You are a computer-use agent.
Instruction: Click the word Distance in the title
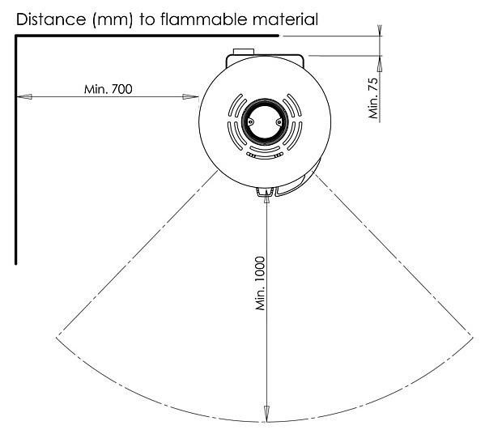click(51, 19)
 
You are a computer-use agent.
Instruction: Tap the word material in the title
click(286, 19)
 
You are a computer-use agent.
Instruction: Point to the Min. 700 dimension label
click(108, 89)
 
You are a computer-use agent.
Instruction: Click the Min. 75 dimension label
click(373, 98)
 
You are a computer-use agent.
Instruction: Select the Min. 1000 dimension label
click(260, 283)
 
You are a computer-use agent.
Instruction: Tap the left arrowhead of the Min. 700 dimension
click(23, 97)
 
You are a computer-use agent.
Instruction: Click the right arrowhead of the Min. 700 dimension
click(190, 97)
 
